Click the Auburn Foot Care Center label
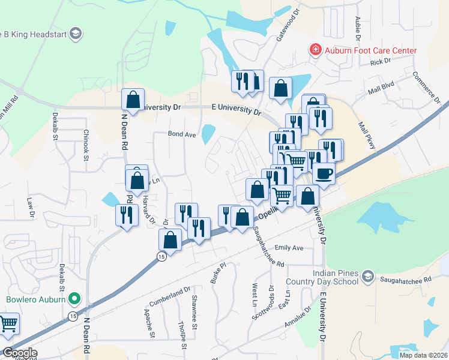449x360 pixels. [370, 50]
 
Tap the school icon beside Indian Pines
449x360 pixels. [369, 277]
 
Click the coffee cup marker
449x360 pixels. [324, 174]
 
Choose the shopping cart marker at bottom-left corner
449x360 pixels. [8, 325]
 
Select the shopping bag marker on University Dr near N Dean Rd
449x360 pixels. [133, 100]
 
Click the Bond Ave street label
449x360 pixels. [182, 135]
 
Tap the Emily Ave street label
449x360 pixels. [289, 248]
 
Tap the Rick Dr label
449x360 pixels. [381, 62]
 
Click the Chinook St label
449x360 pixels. [86, 145]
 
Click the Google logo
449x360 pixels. [19, 353]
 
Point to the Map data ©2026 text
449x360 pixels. [423, 355]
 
